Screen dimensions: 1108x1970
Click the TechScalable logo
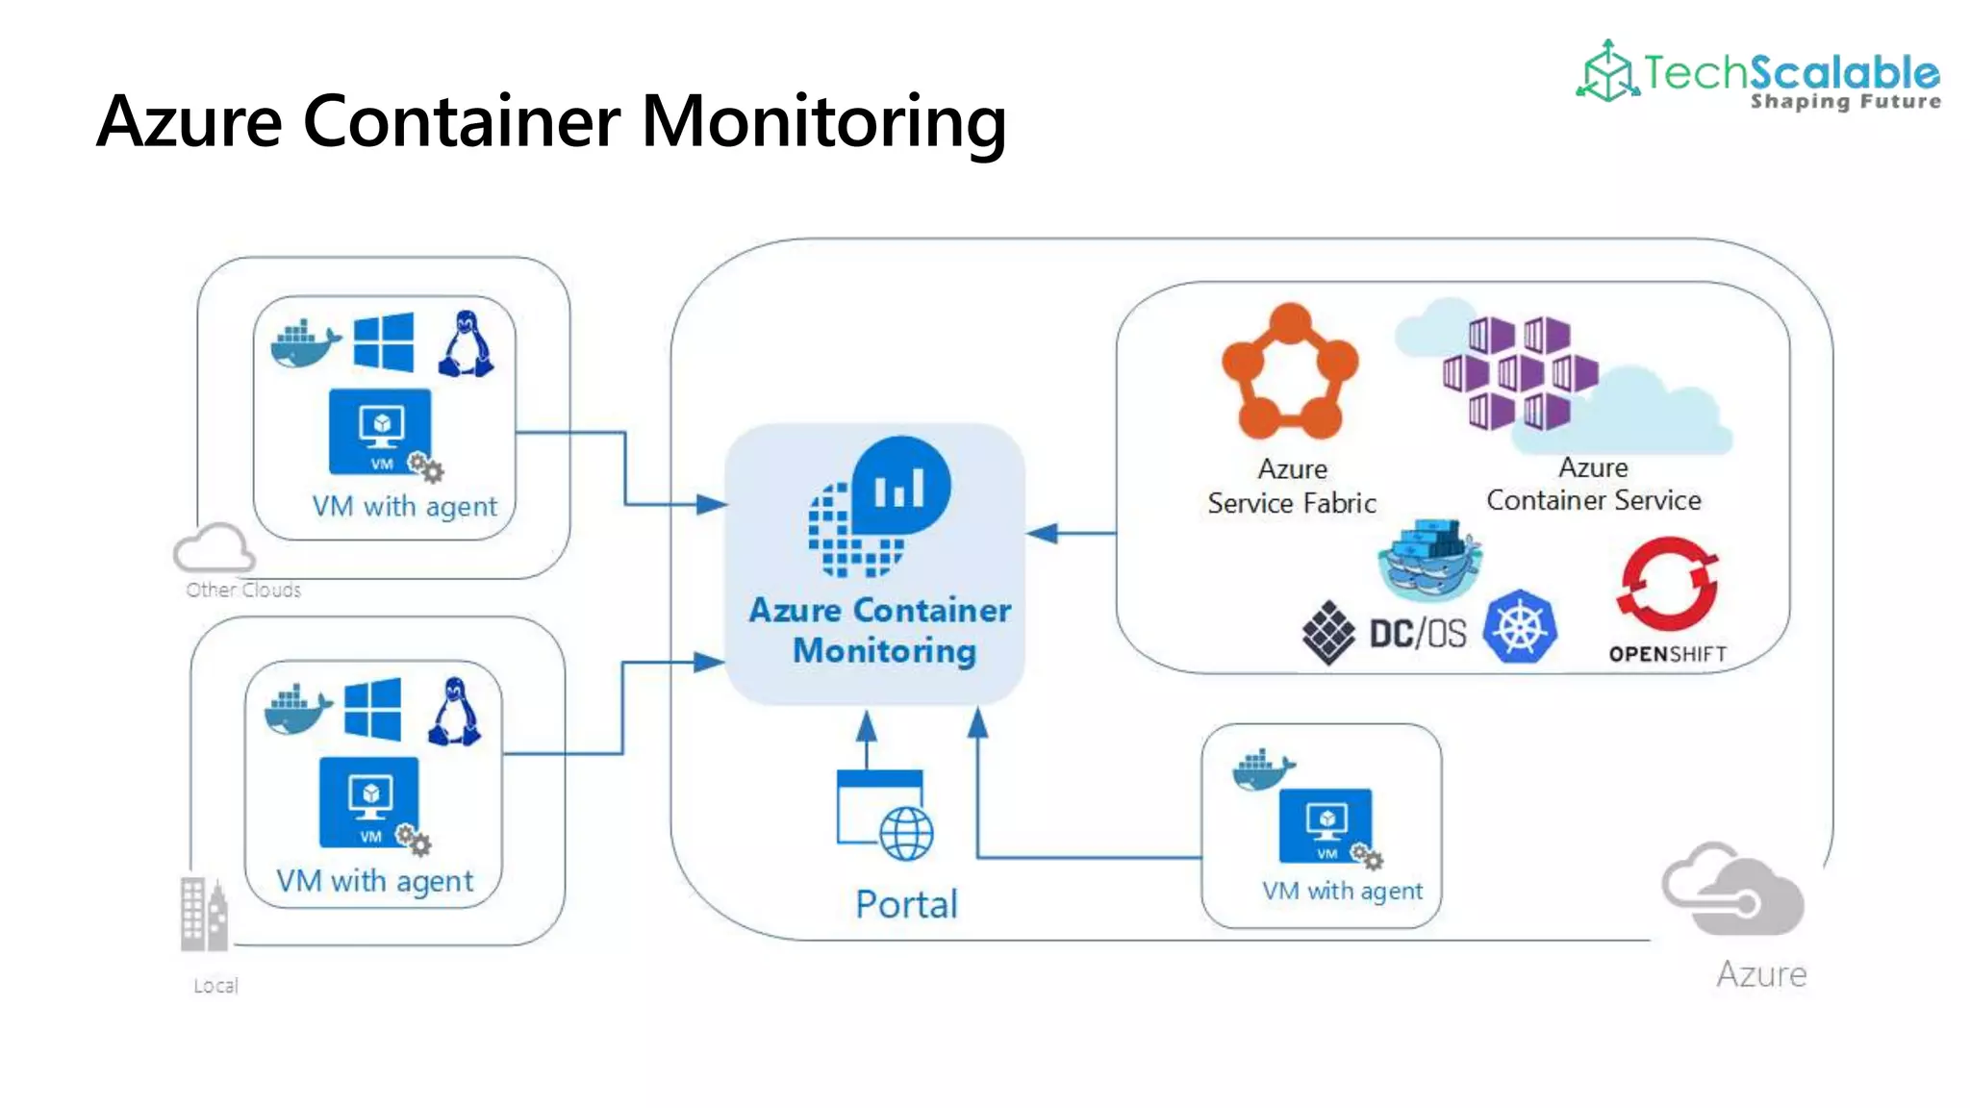click(x=1758, y=74)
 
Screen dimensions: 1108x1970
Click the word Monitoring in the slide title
click(x=823, y=122)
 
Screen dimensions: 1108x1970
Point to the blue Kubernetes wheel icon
click(x=1519, y=627)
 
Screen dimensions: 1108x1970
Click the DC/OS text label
click(x=1417, y=634)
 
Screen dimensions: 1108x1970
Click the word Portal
click(x=906, y=904)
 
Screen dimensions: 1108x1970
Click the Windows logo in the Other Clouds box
click(x=383, y=341)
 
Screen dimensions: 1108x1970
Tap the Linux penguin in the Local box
click(x=454, y=713)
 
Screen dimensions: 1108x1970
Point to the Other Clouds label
click(x=243, y=590)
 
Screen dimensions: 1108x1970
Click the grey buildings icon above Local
click(x=204, y=913)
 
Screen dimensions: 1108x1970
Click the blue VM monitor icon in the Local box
click(x=369, y=801)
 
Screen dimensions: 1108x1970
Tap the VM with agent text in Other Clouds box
click(x=404, y=506)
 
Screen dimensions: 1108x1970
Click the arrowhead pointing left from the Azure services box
click(x=1043, y=533)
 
